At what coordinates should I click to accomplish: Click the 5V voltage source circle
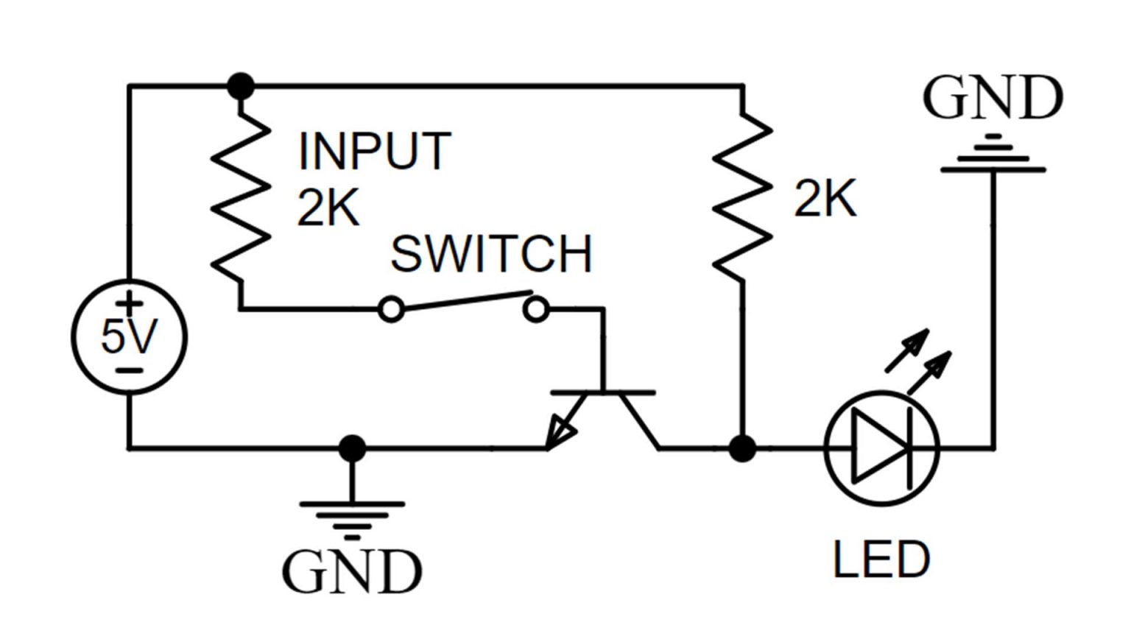click(129, 337)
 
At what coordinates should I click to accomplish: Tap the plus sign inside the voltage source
click(130, 302)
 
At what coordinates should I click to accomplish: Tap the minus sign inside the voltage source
click(129, 370)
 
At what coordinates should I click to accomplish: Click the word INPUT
click(374, 152)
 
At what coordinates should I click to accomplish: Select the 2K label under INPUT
click(328, 208)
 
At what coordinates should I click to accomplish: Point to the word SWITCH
click(491, 255)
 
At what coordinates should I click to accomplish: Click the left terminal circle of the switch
click(391, 310)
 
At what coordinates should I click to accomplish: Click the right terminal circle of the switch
click(536, 310)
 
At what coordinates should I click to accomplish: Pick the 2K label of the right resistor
click(825, 199)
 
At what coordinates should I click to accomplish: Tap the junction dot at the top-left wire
click(241, 86)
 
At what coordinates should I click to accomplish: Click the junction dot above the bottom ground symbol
click(352, 448)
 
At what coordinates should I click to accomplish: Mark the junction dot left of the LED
click(742, 448)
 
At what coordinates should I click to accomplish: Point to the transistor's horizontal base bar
click(603, 393)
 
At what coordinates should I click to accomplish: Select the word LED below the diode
click(881, 559)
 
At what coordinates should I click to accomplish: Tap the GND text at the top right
click(993, 98)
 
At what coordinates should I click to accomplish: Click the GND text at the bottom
click(352, 572)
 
